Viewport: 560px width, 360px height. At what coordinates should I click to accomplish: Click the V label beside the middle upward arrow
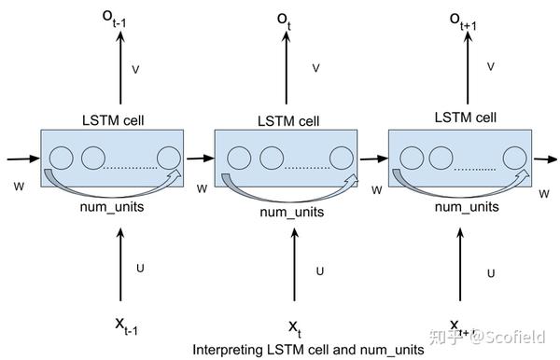point(316,68)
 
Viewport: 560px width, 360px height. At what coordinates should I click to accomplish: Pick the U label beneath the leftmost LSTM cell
point(140,269)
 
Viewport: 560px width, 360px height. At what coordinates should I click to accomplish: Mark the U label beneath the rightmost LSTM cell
point(492,272)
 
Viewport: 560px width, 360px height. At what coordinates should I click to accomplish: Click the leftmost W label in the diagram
point(18,187)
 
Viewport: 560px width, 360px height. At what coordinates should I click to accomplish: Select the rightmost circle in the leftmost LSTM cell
point(169,158)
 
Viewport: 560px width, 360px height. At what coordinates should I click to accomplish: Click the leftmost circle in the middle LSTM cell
point(238,158)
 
